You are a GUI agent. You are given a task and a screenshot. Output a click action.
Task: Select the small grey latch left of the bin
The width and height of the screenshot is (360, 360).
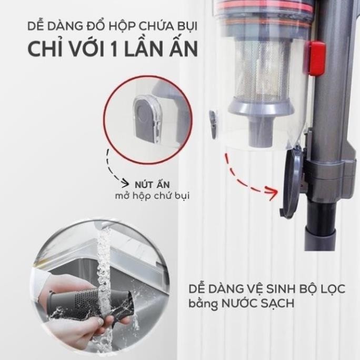click(x=213, y=124)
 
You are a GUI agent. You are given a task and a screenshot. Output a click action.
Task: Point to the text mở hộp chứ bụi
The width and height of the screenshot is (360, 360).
click(x=152, y=196)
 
